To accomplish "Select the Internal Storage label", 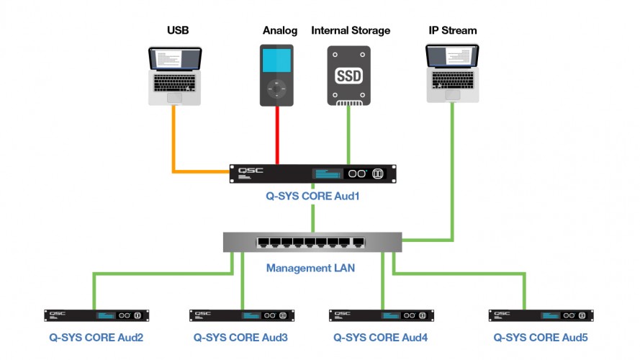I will point(351,31).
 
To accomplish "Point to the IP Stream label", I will point(452,31).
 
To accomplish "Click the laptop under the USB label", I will point(175,76).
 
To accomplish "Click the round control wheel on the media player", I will point(277,90).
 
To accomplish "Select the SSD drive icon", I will point(349,76).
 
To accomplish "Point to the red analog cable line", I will point(277,137).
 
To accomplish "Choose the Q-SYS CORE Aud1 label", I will point(312,194).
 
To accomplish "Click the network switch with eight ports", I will point(312,242).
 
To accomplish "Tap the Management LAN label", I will point(311,269).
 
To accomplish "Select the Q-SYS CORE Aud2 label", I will point(96,337).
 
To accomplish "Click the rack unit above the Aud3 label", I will point(242,315).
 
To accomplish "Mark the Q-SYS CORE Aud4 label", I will point(381,337).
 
